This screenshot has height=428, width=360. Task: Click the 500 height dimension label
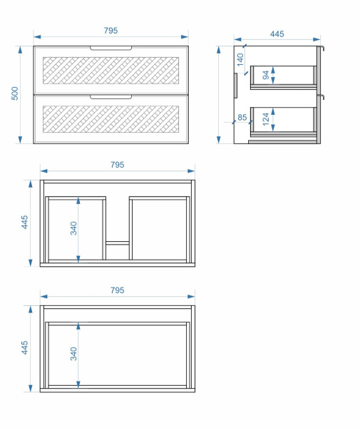[x=15, y=93]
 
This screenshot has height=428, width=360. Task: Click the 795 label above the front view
[x=110, y=30]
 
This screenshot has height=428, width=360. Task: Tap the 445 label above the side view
[x=277, y=34]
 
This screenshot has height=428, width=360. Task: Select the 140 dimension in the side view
[x=240, y=60]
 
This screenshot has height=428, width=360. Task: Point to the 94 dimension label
[x=266, y=75]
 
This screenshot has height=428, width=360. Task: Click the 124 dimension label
[x=266, y=119]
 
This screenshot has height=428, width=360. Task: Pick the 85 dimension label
[x=242, y=118]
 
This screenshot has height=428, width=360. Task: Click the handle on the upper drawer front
[x=110, y=49]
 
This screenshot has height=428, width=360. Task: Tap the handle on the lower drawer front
[x=110, y=97]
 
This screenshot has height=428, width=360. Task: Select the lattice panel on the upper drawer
[x=110, y=71]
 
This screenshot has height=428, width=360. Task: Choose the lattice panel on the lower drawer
[x=110, y=119]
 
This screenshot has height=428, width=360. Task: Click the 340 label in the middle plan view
[x=73, y=228]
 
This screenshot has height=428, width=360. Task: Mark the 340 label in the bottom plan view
[x=73, y=354]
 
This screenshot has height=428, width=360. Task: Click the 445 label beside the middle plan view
[x=24, y=222]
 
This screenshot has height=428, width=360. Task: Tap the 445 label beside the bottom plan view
[x=24, y=347]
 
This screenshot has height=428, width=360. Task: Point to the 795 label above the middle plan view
[x=118, y=165]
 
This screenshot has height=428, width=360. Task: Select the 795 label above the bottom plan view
[x=118, y=290]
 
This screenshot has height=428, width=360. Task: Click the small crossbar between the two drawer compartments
[x=118, y=243]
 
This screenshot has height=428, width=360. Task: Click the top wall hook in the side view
[x=322, y=49]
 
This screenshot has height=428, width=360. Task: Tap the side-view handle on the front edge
[x=236, y=85]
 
